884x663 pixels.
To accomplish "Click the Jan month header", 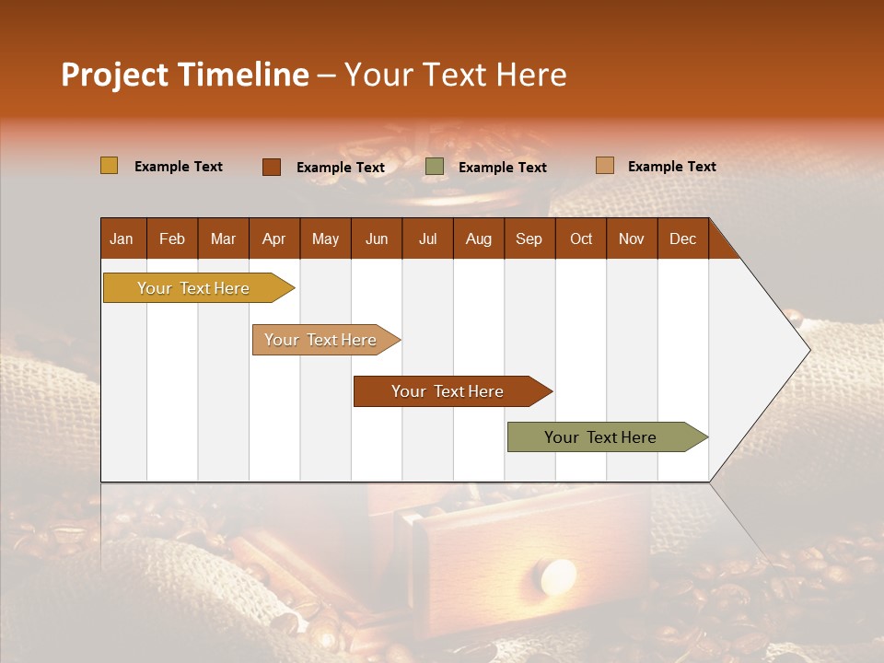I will [x=122, y=238].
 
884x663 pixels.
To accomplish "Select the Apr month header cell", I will [x=274, y=238].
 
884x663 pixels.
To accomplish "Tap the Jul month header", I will [x=428, y=238].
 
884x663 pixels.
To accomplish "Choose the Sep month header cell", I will [x=529, y=238].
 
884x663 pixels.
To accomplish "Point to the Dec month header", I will [x=683, y=238].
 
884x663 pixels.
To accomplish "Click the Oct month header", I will [x=581, y=238].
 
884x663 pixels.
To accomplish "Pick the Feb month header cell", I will [x=172, y=238].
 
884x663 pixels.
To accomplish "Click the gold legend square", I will [x=109, y=166].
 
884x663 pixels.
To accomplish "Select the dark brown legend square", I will [x=272, y=167].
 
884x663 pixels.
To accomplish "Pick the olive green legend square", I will [x=435, y=167].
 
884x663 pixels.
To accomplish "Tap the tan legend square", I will [x=604, y=166].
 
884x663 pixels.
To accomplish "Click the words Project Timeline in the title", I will [x=184, y=75].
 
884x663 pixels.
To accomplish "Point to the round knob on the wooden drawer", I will [x=558, y=576].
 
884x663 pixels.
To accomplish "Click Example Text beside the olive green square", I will [x=503, y=168].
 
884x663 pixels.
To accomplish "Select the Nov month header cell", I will [x=632, y=238].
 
